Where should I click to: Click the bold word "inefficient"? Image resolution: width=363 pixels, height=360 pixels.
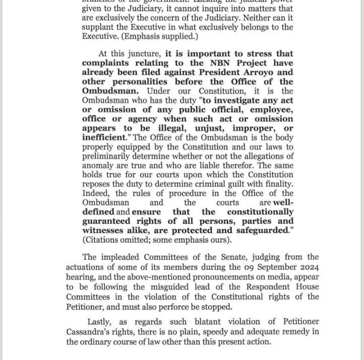(104, 137)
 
